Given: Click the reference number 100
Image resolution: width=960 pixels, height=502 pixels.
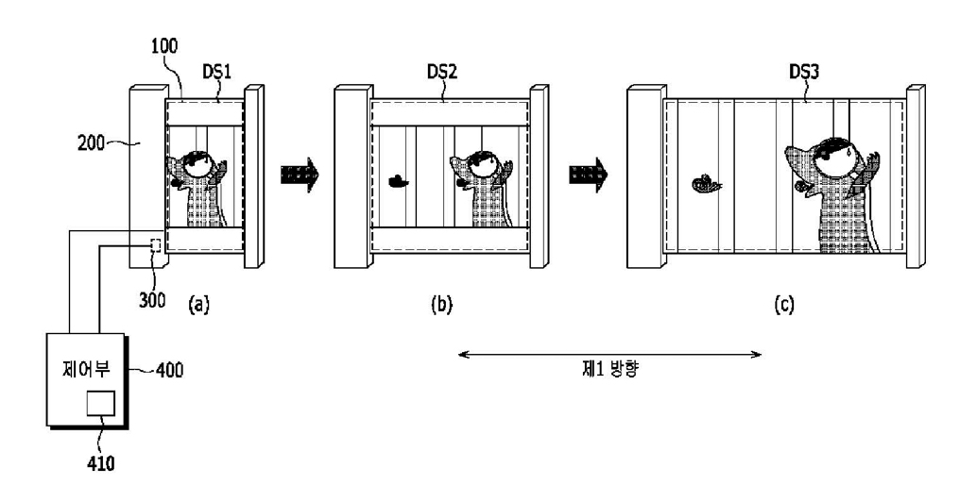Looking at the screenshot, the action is click(x=164, y=46).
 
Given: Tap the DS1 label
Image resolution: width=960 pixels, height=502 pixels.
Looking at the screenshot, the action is click(x=216, y=72).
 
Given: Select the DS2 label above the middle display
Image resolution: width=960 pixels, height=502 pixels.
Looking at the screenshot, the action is click(x=442, y=72).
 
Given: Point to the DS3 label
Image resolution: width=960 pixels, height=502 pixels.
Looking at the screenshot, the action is click(x=804, y=72).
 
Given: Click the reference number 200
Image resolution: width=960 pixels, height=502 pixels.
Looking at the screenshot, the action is click(x=91, y=143).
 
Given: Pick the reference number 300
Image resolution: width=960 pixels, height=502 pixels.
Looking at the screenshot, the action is click(x=152, y=300).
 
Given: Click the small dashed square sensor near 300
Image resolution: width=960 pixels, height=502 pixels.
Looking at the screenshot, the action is click(x=156, y=245).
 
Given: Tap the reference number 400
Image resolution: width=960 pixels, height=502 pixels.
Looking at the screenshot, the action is click(x=169, y=370).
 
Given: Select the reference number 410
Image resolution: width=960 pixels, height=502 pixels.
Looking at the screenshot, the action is click(x=100, y=463).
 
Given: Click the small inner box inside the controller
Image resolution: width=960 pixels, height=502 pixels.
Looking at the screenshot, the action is click(x=100, y=404).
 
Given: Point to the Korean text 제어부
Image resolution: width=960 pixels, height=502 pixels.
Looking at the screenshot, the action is click(x=86, y=369).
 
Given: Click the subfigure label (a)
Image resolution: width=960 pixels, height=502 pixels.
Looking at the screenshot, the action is click(x=199, y=304).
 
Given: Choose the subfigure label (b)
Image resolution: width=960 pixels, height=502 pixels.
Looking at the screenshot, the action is click(x=441, y=304).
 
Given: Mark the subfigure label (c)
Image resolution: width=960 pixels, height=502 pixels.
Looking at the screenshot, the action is click(x=783, y=304).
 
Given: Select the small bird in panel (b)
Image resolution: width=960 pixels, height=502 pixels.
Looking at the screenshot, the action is click(x=399, y=181).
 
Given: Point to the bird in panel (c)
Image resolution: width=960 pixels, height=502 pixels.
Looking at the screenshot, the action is click(x=707, y=183).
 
